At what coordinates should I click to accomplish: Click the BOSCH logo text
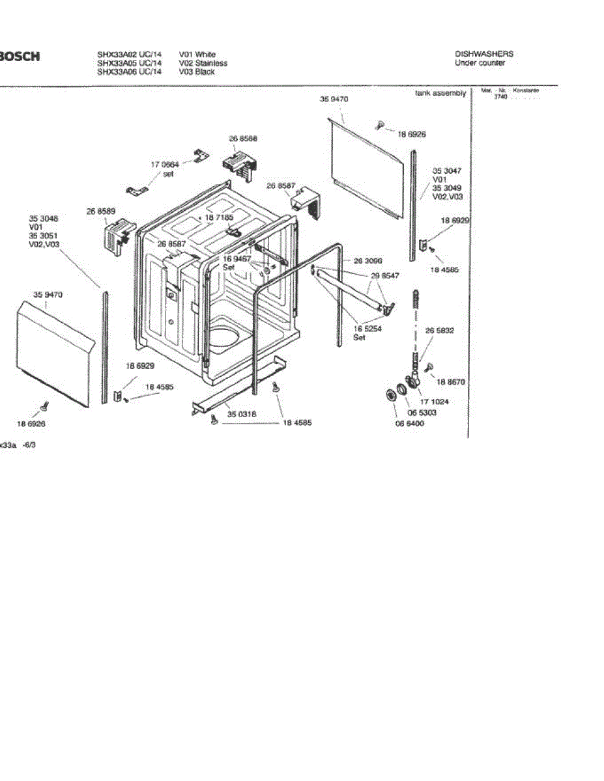point(20,57)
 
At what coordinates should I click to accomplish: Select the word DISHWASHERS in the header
point(483,54)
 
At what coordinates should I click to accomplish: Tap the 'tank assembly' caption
point(440,94)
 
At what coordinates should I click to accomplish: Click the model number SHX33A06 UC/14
point(129,72)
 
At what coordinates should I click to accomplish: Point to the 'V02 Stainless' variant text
point(203,63)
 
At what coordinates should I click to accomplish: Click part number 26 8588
point(242,139)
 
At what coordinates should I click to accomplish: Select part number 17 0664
point(165,165)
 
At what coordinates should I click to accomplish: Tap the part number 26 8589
point(101,211)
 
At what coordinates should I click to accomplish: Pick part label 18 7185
point(219,217)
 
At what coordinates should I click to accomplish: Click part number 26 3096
point(368,260)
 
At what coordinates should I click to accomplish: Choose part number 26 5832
point(440,331)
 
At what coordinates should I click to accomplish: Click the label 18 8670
point(451,382)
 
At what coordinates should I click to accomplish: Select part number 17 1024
point(434,402)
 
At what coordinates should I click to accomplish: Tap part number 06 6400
point(410,424)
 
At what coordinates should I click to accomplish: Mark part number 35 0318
point(241,413)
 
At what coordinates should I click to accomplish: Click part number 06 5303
point(422,413)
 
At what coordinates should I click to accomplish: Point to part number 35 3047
point(447,171)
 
